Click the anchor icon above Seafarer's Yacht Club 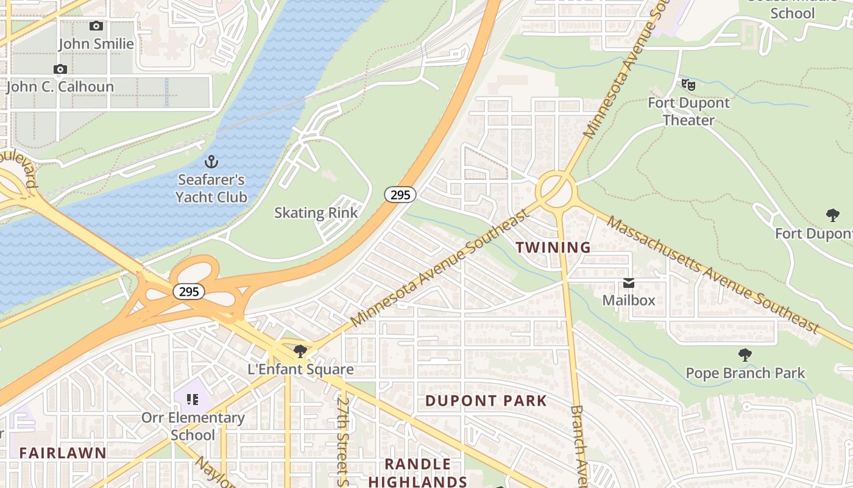pos(211,162)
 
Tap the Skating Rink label pos(316,213)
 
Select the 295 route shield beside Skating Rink pos(400,195)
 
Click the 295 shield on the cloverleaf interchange pos(189,292)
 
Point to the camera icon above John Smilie pos(96,26)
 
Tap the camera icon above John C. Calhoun pos(60,69)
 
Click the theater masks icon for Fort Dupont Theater pos(688,85)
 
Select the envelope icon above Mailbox pos(628,283)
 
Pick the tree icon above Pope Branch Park pos(745,355)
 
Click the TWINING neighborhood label pos(553,248)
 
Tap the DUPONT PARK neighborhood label pos(486,401)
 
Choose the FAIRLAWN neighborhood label pos(63,453)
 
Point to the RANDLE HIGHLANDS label pos(417,473)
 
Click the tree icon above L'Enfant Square pos(300,351)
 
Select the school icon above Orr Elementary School pos(193,400)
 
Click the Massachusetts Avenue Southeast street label pos(712,275)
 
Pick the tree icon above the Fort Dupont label pos(832,215)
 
